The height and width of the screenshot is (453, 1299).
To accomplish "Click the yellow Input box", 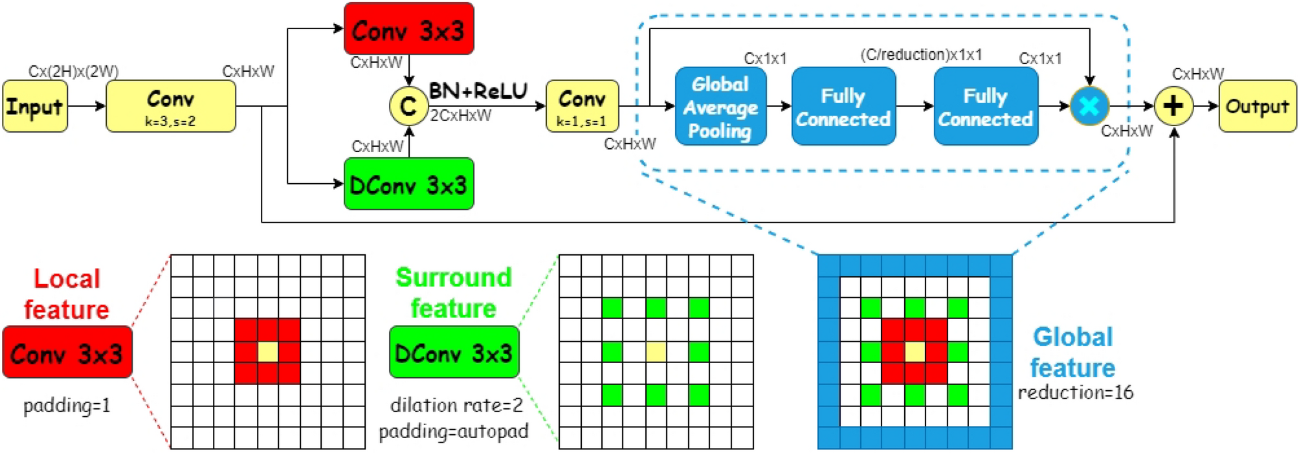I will coord(34,106).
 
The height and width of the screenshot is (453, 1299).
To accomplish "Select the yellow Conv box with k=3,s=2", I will coord(170,106).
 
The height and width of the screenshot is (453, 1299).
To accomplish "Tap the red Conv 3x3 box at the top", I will coord(408,29).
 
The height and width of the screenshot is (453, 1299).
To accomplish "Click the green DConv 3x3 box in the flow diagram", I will coord(408,184).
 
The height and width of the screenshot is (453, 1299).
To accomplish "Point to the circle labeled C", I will coord(408,106).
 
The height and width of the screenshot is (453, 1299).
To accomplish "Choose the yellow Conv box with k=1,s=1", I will coord(582,106).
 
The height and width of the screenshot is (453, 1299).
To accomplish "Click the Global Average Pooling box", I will coord(720,106).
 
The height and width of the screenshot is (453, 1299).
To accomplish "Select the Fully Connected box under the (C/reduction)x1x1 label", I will coord(843,106).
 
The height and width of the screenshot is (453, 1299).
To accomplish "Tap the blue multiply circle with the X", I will coord(1089,106).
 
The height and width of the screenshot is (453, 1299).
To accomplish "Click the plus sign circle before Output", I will coord(1173,106).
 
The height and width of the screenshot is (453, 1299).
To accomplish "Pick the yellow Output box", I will coord(1257,106).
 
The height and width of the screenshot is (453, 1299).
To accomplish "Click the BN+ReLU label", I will coord(478,91).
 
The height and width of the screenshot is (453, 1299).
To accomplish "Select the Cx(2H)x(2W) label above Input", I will coord(73,72).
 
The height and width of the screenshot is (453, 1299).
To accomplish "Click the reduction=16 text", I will coord(1075,393).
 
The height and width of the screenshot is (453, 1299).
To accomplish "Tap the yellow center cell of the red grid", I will coord(267,352).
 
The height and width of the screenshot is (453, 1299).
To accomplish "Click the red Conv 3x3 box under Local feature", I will coord(67,353).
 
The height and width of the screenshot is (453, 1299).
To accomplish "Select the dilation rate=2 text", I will coord(456,406).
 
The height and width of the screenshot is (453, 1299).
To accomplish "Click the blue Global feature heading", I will coord(1072,353).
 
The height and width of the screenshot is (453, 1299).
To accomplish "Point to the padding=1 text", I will coord(67,406).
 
